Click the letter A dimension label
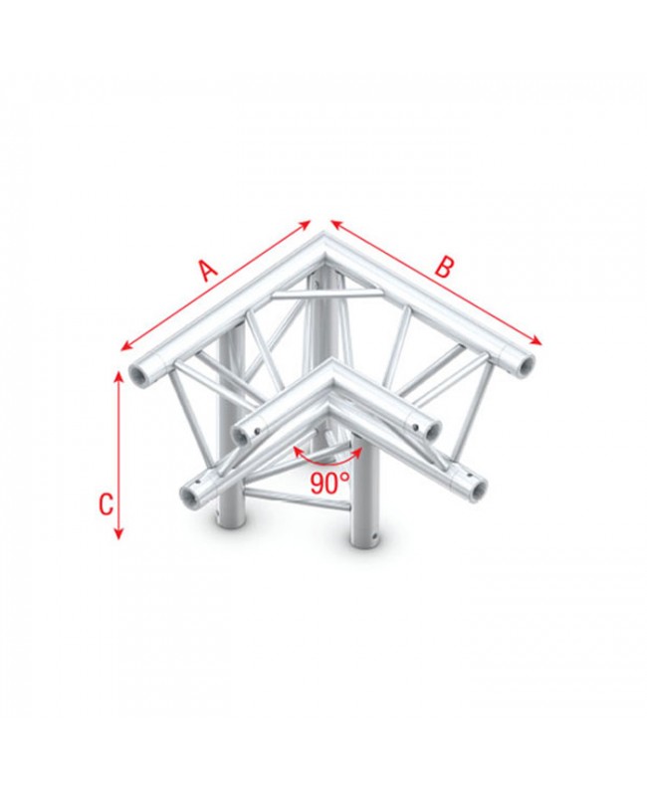[207, 269]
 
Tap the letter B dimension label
[446, 267]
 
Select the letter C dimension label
[105, 504]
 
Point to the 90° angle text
[329, 485]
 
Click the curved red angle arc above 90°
[328, 460]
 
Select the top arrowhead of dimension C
[119, 376]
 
